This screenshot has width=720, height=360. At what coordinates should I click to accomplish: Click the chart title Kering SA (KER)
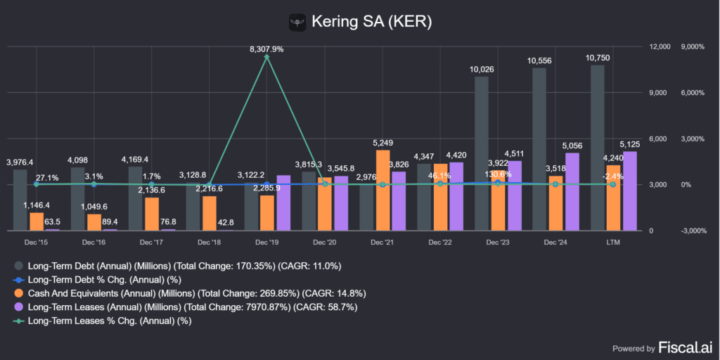373,22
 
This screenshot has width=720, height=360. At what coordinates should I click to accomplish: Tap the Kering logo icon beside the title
299,22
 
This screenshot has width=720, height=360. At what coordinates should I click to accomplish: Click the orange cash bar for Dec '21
382,190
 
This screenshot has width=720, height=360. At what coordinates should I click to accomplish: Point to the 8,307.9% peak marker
266,57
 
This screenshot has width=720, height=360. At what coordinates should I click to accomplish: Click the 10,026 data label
482,69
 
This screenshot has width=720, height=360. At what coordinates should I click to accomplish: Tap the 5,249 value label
382,143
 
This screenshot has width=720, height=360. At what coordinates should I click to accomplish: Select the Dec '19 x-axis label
267,242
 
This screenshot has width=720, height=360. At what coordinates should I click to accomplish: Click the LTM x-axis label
612,242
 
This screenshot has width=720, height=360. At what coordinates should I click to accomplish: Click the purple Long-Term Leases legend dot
18,307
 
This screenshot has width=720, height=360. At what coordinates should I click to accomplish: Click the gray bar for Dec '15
20,200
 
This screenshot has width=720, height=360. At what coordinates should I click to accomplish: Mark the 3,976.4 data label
20,162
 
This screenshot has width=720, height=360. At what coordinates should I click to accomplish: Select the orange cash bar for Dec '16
94,222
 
